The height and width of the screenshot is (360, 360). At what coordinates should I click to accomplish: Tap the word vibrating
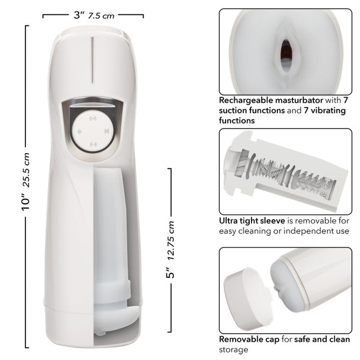[x=328, y=111]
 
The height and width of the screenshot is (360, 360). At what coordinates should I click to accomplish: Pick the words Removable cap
[x=250, y=340]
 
